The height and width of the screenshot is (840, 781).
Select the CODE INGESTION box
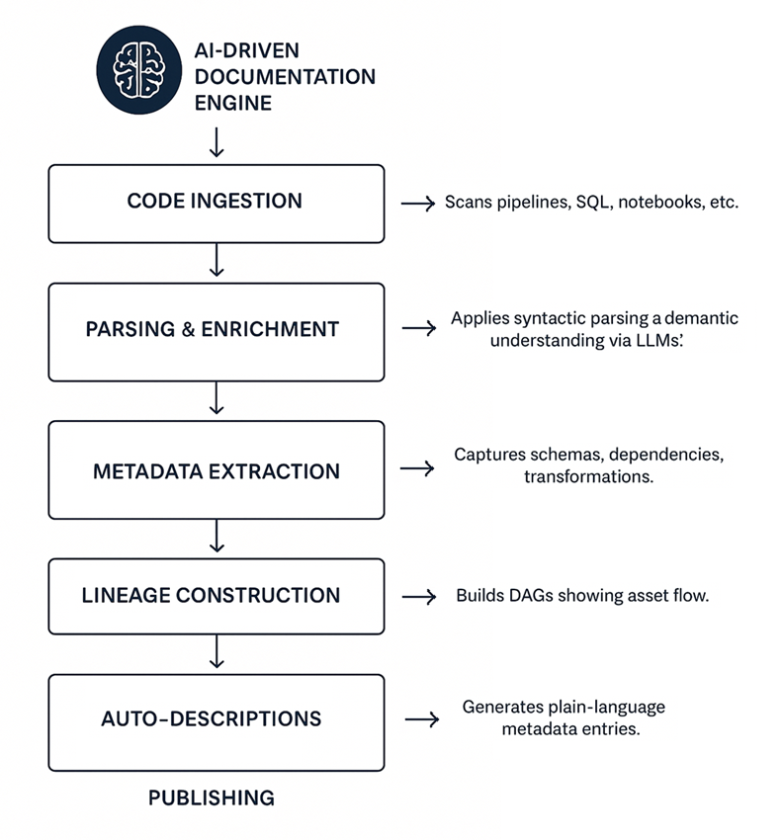click(x=216, y=203)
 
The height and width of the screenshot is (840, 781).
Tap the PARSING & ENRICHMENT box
click(x=216, y=330)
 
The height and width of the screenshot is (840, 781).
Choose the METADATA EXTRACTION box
click(x=216, y=469)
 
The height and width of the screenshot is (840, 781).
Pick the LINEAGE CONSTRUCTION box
click(x=216, y=596)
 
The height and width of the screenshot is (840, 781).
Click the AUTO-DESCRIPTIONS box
click(x=216, y=720)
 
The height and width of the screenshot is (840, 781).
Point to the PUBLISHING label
click(x=212, y=798)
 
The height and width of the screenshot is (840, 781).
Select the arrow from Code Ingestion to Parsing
click(x=217, y=262)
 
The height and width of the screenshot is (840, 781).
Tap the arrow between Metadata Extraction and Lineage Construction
click(x=217, y=538)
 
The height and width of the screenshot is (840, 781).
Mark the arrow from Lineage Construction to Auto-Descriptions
click(x=217, y=653)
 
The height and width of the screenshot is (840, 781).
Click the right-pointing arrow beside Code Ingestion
click(x=418, y=204)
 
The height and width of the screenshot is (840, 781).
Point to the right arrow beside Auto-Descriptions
click(x=421, y=720)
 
